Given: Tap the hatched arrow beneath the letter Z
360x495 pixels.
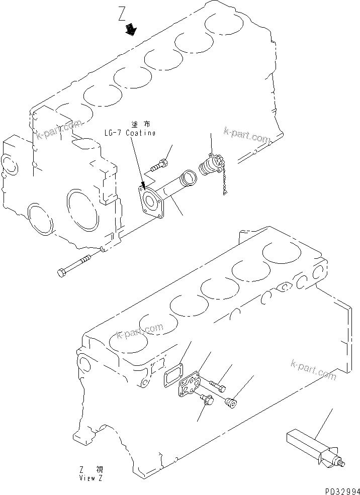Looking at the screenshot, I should [131, 31].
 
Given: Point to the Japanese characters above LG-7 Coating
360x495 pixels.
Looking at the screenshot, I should [143, 124].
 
